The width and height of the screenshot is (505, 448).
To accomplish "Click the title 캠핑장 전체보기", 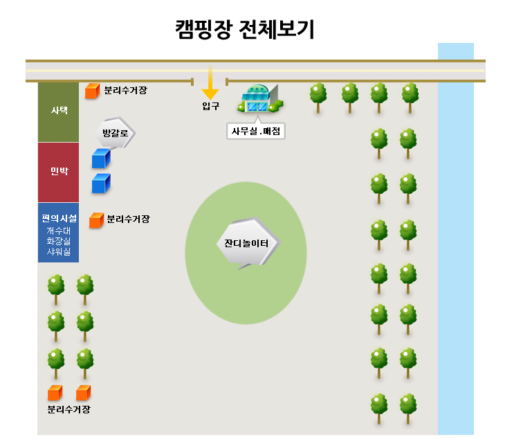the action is (244, 29).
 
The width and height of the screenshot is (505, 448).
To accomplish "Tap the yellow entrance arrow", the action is (210, 82).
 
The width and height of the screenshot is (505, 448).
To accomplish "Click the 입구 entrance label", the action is (210, 106).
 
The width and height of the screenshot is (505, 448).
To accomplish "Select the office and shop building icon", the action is (260, 98).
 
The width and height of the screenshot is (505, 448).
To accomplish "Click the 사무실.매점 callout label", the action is (256, 131).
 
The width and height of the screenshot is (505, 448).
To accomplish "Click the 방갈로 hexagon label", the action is (116, 133).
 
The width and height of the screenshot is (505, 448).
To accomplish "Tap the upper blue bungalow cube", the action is (101, 159).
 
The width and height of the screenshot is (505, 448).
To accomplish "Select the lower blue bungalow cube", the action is (101, 183).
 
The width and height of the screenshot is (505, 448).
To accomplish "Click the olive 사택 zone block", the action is (58, 112).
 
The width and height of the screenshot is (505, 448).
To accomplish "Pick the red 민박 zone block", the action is (58, 172).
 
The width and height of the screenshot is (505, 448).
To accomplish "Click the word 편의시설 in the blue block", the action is (59, 219).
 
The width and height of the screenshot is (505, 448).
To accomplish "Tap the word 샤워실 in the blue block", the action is (59, 252).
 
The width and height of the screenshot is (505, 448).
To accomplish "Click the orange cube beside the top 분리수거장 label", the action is (93, 91).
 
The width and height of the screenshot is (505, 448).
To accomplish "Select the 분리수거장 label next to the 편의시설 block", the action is (128, 219).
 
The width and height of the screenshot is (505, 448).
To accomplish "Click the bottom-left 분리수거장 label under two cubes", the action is (69, 409).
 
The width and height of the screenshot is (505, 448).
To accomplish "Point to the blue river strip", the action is (456, 239).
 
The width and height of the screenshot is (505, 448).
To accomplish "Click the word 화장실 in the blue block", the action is (59, 241).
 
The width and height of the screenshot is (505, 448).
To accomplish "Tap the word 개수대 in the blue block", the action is (59, 231).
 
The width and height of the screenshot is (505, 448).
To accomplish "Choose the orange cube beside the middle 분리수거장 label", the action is (96, 220).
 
